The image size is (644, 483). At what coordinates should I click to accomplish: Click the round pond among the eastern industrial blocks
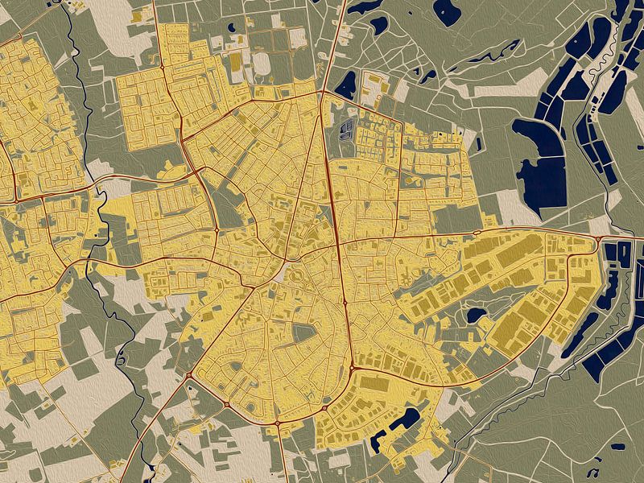pyautogui.click(x=476, y=314)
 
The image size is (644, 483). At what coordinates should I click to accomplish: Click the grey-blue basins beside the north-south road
pyautogui.click(x=347, y=130)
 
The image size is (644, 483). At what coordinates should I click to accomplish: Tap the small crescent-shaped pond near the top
pyautogui.click(x=379, y=23)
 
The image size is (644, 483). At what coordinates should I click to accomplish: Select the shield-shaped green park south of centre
pyautogui.click(x=307, y=334)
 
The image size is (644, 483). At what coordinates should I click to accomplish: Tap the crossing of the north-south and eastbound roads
pyautogui.click(x=339, y=242)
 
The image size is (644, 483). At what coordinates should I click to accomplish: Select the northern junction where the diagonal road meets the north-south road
pyautogui.click(x=324, y=92)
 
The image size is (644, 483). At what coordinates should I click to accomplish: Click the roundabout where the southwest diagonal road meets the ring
pyautogui.click(x=190, y=375)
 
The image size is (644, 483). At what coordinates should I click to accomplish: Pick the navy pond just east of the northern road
pyautogui.click(x=347, y=83)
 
